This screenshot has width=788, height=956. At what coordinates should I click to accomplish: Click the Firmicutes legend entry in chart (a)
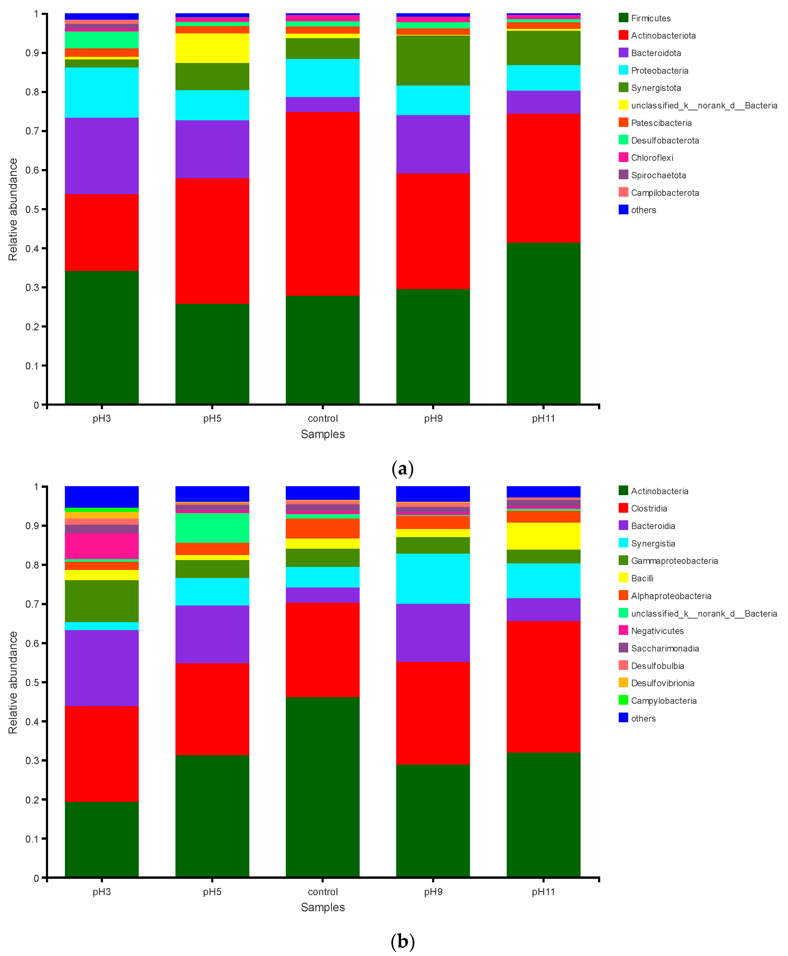point(650,18)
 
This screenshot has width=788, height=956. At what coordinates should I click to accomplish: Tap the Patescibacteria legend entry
point(661,123)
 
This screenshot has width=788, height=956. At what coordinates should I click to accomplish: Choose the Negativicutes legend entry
point(657,631)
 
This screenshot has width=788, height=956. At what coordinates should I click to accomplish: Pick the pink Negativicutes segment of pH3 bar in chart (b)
point(102,546)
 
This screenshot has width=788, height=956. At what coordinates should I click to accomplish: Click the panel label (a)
point(402,468)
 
